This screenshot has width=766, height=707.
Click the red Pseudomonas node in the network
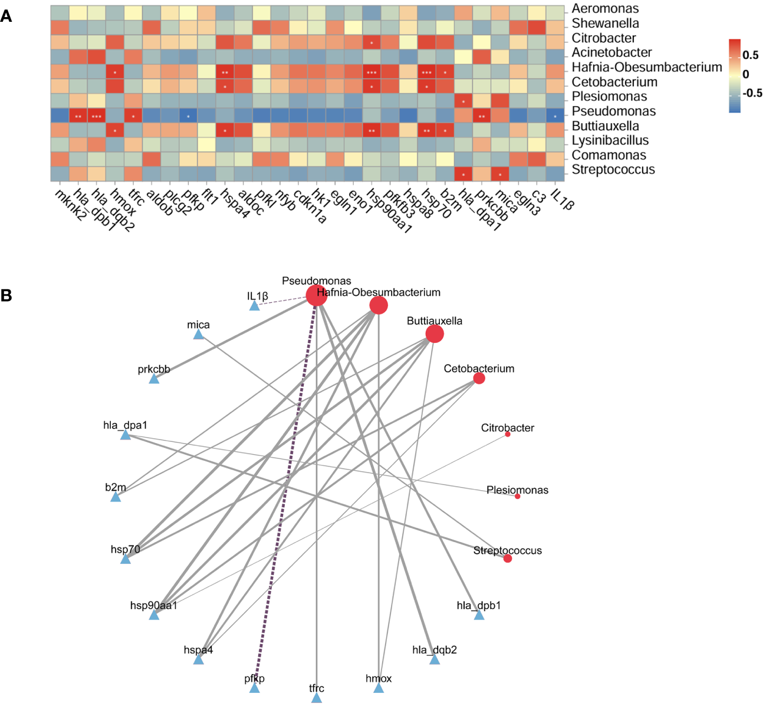point(317,296)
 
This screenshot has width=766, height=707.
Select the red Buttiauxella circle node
point(435,334)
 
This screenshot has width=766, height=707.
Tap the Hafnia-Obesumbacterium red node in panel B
point(379,305)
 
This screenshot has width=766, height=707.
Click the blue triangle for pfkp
point(254,688)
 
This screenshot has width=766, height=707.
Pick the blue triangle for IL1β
point(254,306)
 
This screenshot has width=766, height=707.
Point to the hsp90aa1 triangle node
point(154,615)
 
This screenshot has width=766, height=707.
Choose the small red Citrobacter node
point(508,434)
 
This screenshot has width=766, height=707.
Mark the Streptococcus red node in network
point(508,559)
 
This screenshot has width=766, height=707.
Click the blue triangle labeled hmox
point(379,688)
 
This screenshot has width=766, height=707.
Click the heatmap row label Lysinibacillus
point(610,140)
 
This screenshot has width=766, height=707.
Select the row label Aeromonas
point(605,9)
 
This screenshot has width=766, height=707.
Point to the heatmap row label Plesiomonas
point(609,97)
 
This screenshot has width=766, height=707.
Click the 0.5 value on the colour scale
point(751,55)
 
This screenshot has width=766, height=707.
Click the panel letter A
point(6,16)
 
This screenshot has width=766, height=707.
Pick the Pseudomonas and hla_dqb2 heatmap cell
point(96,115)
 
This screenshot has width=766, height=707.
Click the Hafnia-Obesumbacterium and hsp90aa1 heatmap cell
point(372,72)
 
